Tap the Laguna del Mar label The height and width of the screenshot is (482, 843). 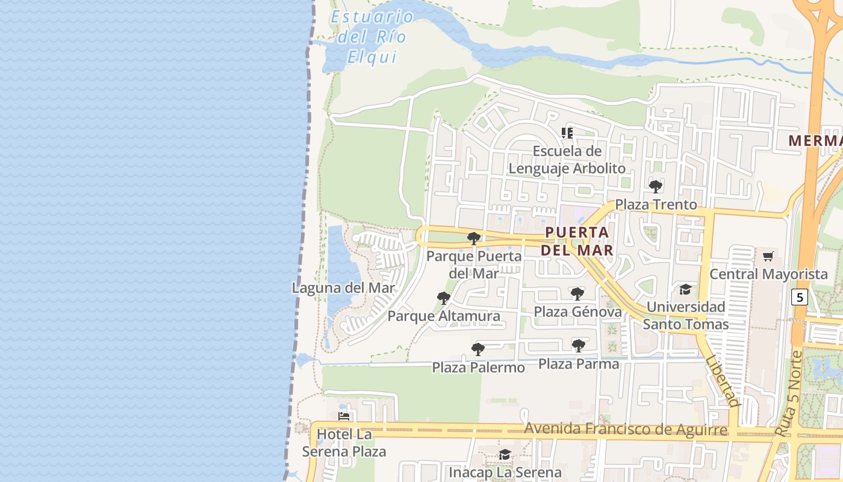(343, 288)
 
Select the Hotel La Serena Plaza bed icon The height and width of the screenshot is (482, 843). (344, 416)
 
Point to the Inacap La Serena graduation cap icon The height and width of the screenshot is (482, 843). (505, 454)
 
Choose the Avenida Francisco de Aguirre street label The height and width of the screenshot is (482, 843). (625, 430)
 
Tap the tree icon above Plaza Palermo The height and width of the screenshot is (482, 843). (478, 349)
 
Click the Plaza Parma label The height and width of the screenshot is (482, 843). (578, 364)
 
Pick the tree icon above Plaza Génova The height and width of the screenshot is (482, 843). (577, 294)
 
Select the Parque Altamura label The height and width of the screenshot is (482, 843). (444, 316)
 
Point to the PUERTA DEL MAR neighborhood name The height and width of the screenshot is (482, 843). (577, 241)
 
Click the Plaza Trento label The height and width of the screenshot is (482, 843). (656, 205)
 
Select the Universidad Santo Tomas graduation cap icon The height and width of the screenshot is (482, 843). (685, 290)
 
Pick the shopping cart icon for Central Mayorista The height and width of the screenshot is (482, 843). (768, 257)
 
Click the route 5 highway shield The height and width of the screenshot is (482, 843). (799, 297)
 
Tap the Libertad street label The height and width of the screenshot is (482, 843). (722, 381)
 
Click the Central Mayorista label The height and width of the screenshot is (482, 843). (768, 274)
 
